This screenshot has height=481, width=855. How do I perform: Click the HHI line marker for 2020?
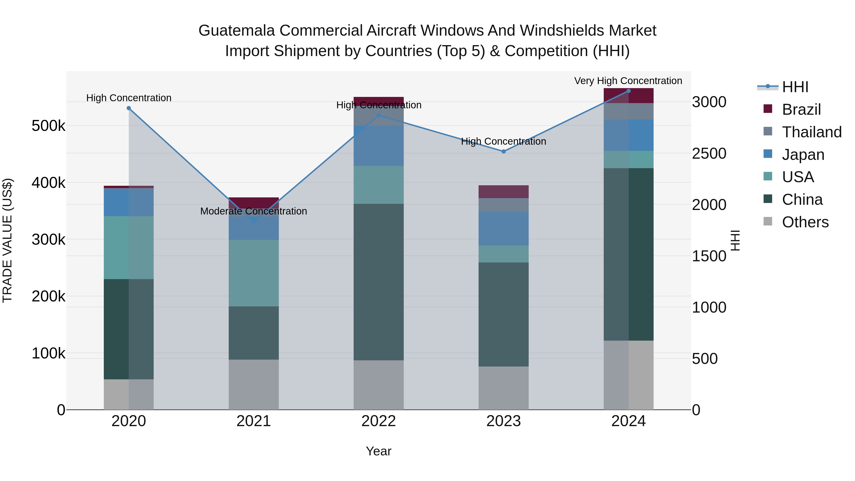129,108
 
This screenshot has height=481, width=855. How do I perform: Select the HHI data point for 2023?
503,151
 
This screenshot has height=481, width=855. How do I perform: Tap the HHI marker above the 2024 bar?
628,91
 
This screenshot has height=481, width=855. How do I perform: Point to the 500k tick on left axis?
48,126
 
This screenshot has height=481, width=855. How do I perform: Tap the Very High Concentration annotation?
628,81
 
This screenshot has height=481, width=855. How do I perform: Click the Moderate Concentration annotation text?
254,211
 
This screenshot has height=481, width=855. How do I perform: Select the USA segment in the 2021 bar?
254,273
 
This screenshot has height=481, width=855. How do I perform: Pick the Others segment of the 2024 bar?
628,375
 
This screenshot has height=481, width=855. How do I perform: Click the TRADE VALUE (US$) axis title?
7,240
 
